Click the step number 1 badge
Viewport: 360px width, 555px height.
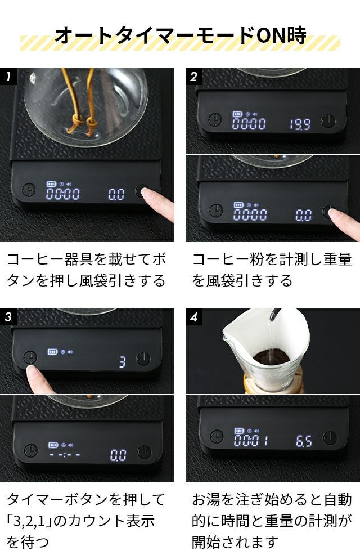[8, 76]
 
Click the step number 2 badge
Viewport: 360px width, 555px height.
[194, 76]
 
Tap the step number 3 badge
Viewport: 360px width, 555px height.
[8, 316]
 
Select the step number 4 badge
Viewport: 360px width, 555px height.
[194, 316]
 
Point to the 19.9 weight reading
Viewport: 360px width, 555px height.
[300, 124]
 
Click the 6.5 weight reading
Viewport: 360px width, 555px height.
[304, 441]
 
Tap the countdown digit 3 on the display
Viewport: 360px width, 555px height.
[123, 362]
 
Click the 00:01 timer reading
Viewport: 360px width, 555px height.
[251, 440]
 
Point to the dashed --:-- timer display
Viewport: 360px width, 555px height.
[64, 454]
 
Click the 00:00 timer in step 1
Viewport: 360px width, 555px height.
[63, 194]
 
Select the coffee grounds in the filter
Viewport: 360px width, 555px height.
[271, 357]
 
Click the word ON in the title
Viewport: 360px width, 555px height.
[271, 35]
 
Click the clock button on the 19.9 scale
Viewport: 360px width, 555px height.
[215, 120]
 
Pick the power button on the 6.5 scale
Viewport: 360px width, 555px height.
[329, 437]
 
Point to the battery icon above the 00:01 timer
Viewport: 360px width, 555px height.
[239, 431]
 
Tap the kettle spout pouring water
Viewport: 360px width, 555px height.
[274, 314]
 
